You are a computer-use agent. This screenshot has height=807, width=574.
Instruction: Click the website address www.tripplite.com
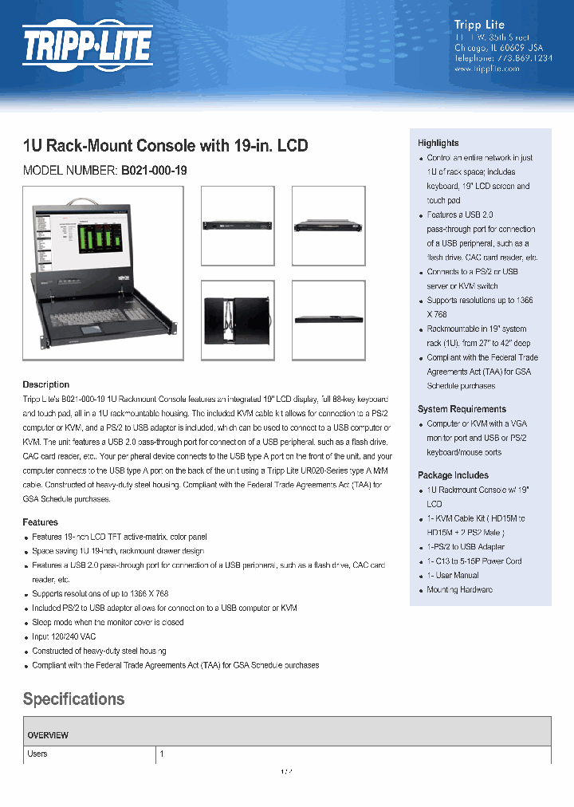(x=486, y=69)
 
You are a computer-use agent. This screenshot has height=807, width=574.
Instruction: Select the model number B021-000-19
(x=154, y=170)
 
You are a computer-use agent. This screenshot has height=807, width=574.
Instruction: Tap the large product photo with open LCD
(x=103, y=273)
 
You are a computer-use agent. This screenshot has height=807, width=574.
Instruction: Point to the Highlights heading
(x=438, y=143)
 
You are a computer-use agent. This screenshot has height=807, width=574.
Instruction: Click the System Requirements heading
(x=462, y=409)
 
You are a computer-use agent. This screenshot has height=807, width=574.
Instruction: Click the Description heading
(x=45, y=384)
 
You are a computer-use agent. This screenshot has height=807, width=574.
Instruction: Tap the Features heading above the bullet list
(x=40, y=522)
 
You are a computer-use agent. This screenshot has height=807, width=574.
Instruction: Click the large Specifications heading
(x=73, y=699)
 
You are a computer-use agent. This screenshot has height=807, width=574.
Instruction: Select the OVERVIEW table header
(x=48, y=735)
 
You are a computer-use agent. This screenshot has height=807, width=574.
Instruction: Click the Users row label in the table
(x=37, y=754)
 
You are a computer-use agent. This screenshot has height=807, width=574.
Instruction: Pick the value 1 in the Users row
(x=162, y=754)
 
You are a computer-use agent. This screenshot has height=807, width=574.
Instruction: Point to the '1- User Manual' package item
(x=453, y=575)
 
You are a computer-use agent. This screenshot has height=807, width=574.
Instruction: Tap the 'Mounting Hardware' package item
(x=459, y=589)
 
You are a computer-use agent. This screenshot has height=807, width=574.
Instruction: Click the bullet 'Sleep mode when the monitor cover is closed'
(x=108, y=622)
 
